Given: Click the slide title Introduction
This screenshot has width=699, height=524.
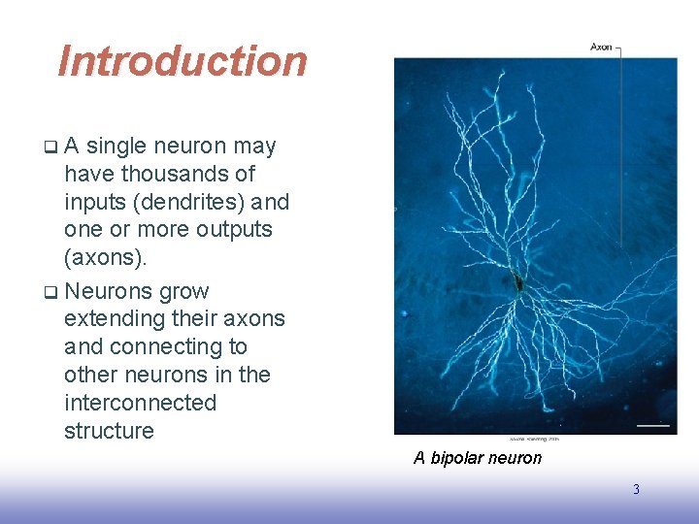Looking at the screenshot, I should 183,61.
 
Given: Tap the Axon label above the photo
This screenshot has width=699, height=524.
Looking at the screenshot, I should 602,47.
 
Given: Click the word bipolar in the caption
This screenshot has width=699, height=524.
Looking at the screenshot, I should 462,458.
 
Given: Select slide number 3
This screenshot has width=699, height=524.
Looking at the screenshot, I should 636,490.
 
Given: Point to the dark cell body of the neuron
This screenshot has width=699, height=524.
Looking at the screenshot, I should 520,283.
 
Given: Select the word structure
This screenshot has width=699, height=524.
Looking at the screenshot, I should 109,431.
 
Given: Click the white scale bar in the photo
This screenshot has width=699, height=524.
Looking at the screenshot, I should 653,424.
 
